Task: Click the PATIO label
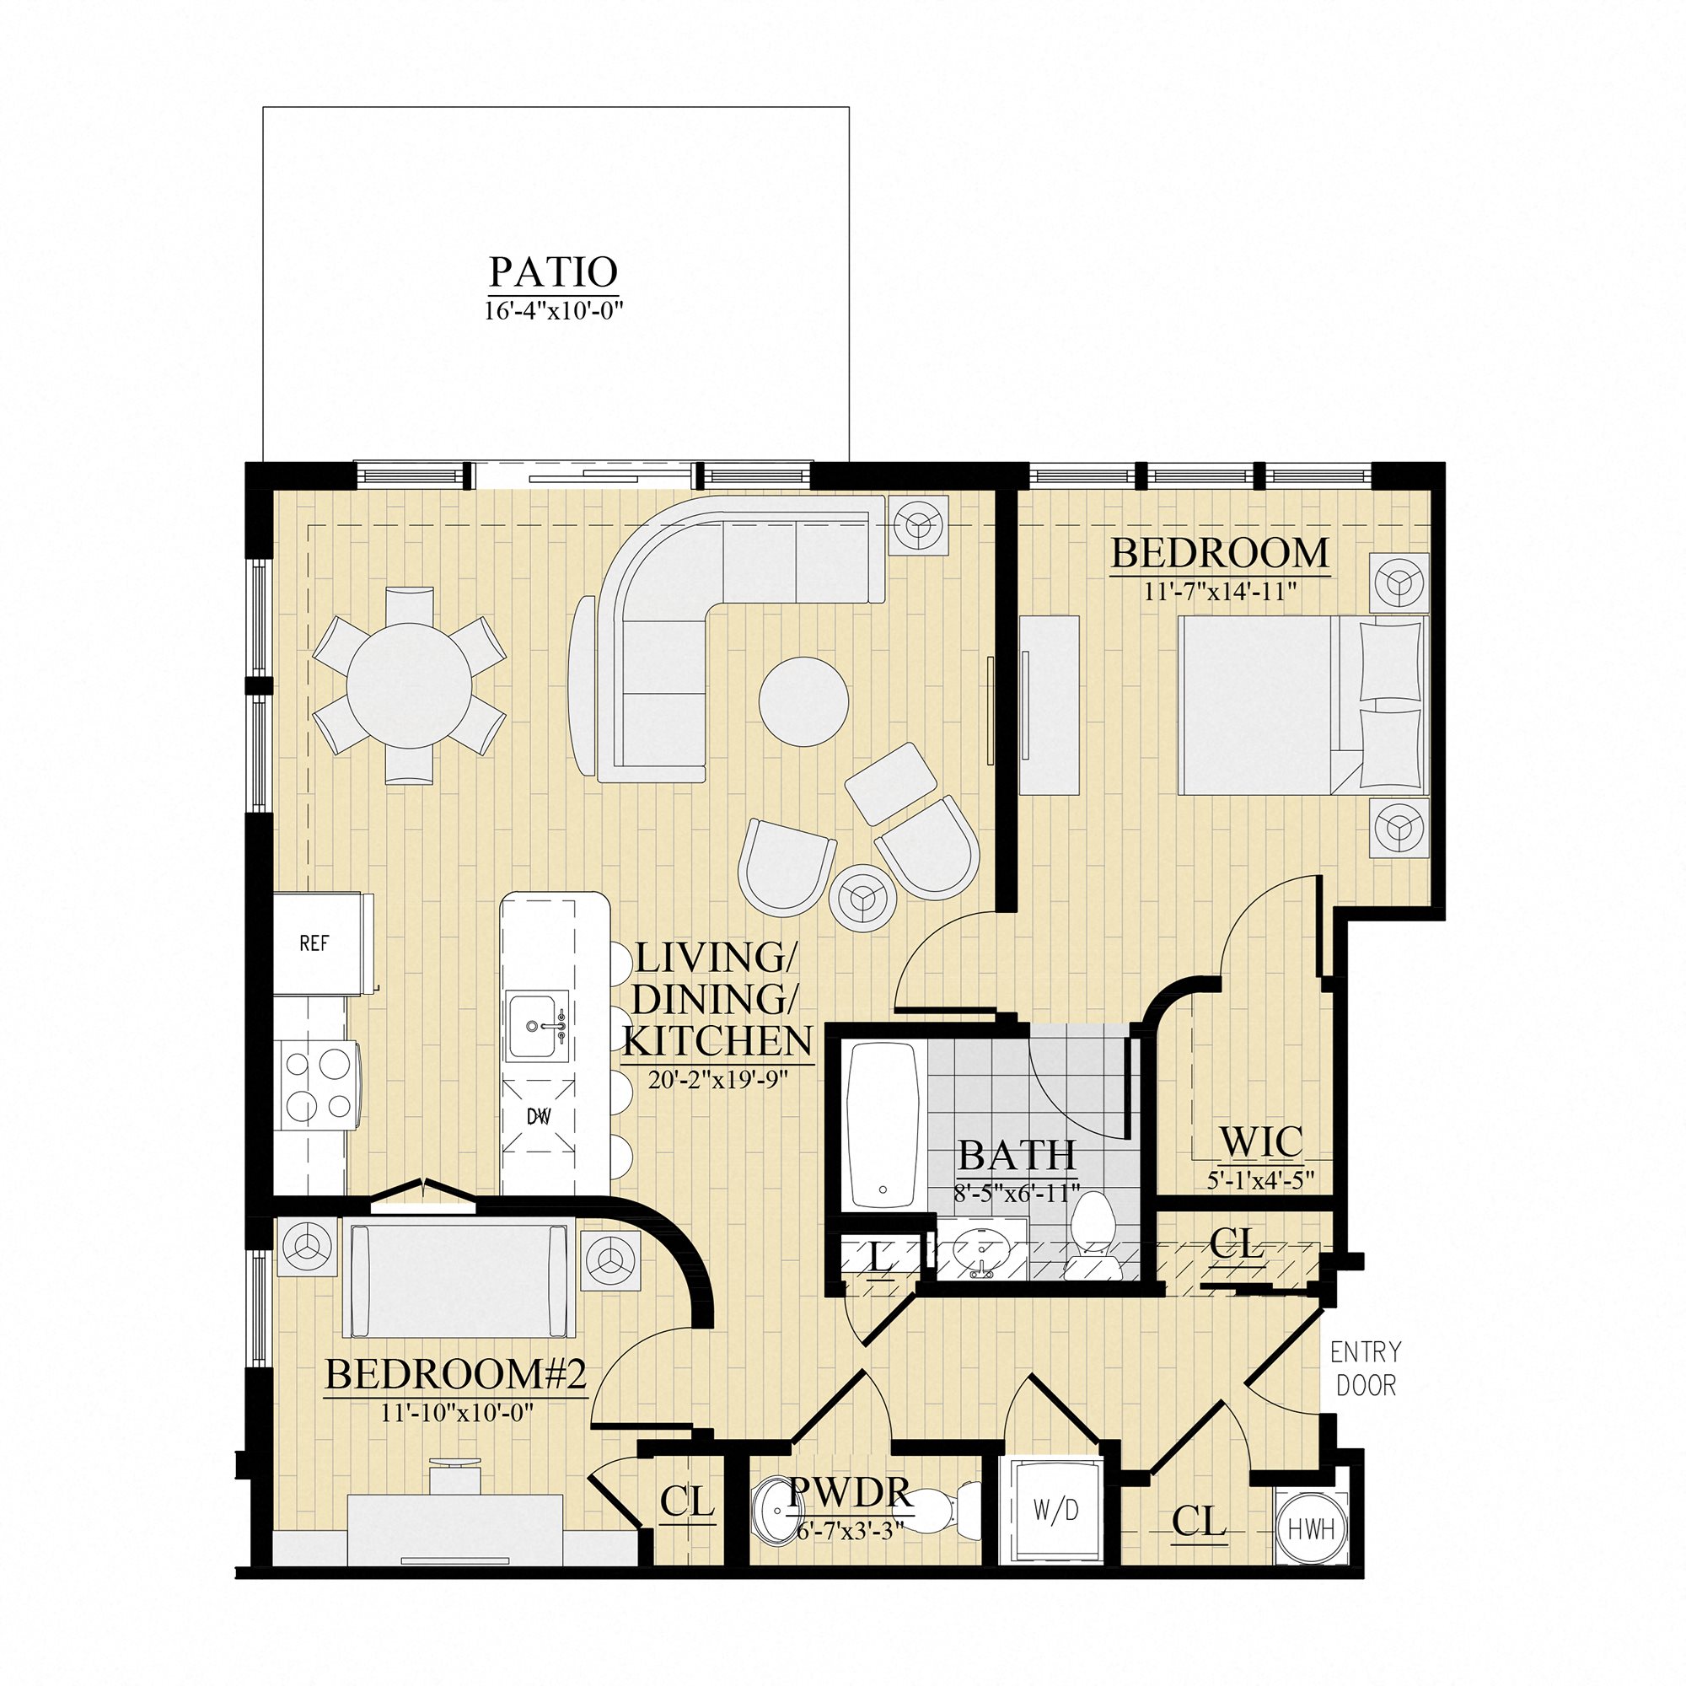coord(553,271)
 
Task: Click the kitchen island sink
coord(536,1026)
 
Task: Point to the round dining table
coord(410,685)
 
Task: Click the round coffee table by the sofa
coord(803,701)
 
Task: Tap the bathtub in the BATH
coord(884,1125)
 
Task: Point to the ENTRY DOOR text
coord(1366,1368)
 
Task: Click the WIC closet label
coord(1261,1141)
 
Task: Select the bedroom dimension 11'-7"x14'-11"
coord(1220,591)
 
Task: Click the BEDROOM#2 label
coord(454,1374)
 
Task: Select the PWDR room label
coord(851,1493)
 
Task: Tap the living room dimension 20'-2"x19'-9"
coord(717,1080)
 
